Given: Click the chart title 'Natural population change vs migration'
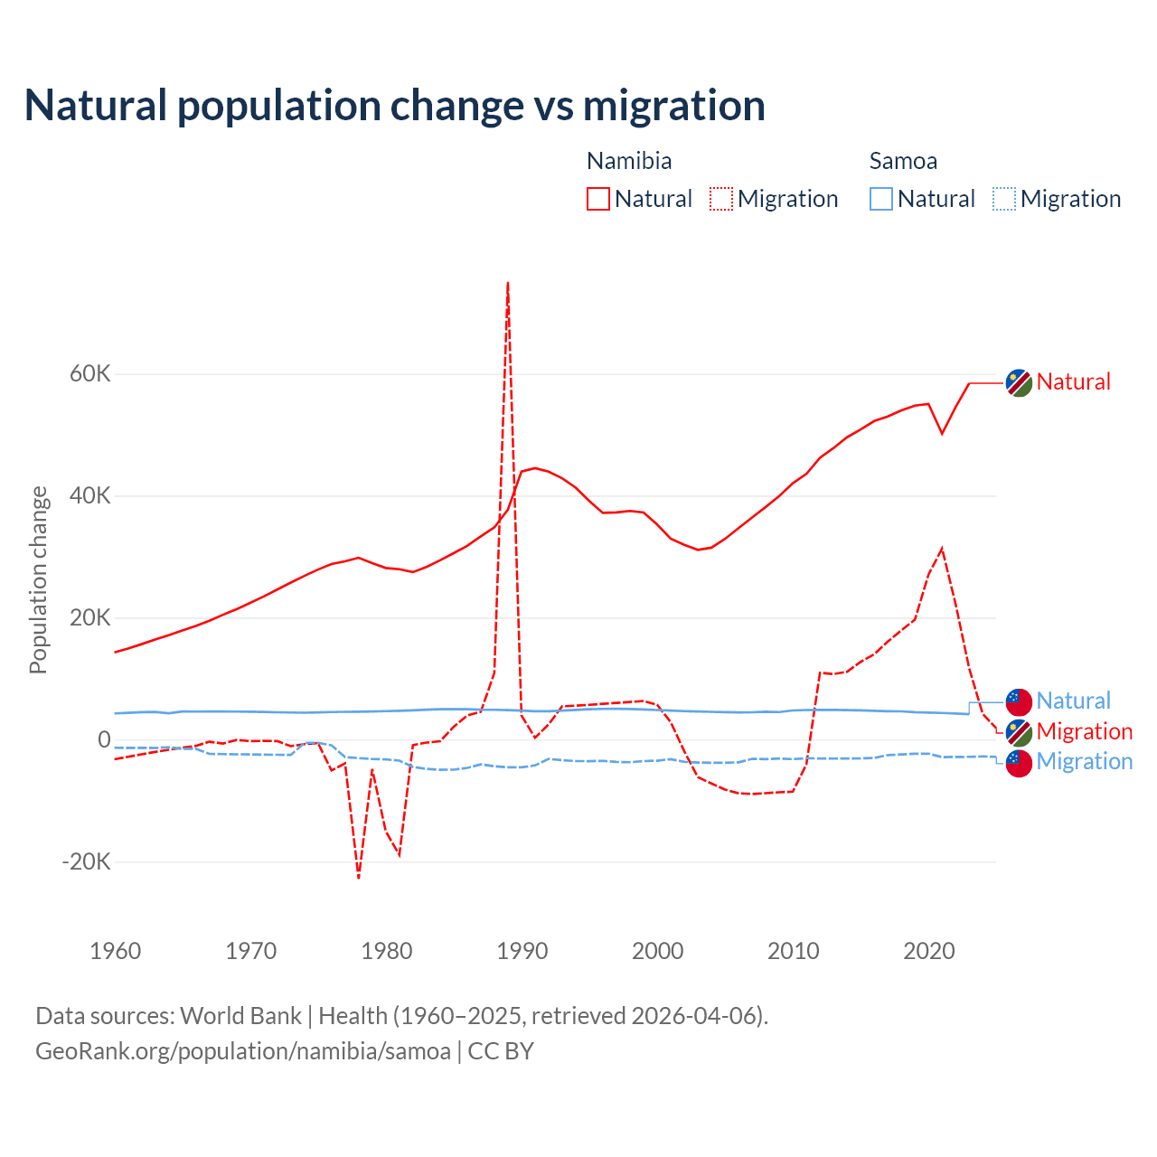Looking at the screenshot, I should [394, 105].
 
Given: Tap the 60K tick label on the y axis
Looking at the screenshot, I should [90, 374].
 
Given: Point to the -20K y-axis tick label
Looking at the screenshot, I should [86, 861].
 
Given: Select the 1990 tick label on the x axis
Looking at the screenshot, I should [522, 951].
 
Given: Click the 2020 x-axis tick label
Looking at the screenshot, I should [929, 951].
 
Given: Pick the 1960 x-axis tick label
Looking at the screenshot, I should [116, 951].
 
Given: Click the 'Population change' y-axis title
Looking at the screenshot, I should [38, 579].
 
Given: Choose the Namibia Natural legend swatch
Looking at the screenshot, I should [598, 199].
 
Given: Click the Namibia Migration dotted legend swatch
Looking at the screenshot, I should [721, 199].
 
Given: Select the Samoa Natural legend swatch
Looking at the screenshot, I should [881, 199].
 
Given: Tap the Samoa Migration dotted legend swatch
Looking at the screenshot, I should [1004, 199].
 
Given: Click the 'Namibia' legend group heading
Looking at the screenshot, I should [629, 161].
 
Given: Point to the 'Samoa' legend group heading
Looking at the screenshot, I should [903, 161].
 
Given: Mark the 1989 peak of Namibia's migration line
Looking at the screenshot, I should [508, 283].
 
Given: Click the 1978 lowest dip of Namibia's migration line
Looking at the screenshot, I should [359, 877].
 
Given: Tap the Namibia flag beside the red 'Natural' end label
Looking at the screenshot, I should [1020, 383].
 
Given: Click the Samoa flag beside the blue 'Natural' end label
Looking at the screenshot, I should [1020, 701].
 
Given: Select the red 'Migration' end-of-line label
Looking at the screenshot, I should [1085, 731].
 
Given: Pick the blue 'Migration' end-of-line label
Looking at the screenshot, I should [1085, 761].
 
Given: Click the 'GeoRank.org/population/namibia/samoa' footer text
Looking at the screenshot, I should [243, 1051].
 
